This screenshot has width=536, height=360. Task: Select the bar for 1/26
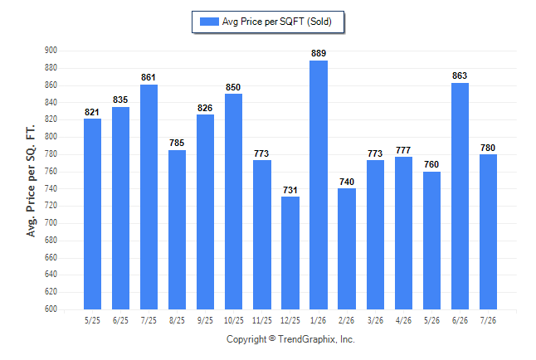(x=319, y=185)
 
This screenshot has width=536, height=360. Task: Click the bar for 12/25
(x=290, y=253)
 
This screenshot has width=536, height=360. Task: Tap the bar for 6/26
(x=460, y=197)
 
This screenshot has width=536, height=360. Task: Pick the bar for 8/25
(x=177, y=230)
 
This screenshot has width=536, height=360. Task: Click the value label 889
(x=319, y=53)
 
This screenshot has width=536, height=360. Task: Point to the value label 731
(x=290, y=190)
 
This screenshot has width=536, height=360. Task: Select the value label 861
(x=149, y=77)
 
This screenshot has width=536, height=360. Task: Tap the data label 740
(x=347, y=182)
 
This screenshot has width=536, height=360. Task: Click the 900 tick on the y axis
(x=51, y=51)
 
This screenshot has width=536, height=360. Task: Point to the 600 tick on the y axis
(x=51, y=309)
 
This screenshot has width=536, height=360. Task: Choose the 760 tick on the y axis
(x=51, y=171)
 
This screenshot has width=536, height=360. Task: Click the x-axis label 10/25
(x=234, y=320)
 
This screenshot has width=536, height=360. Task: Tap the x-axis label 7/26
(x=488, y=320)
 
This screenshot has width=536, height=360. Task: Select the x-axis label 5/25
(x=92, y=320)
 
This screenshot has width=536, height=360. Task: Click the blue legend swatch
(x=209, y=22)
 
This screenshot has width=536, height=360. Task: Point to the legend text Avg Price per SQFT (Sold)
(x=277, y=22)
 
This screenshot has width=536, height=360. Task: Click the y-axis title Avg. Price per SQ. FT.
(x=31, y=181)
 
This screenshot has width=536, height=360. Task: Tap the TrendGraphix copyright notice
(x=290, y=339)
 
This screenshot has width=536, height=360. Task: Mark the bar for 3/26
(x=375, y=235)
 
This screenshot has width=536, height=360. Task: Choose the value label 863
(x=460, y=75)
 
